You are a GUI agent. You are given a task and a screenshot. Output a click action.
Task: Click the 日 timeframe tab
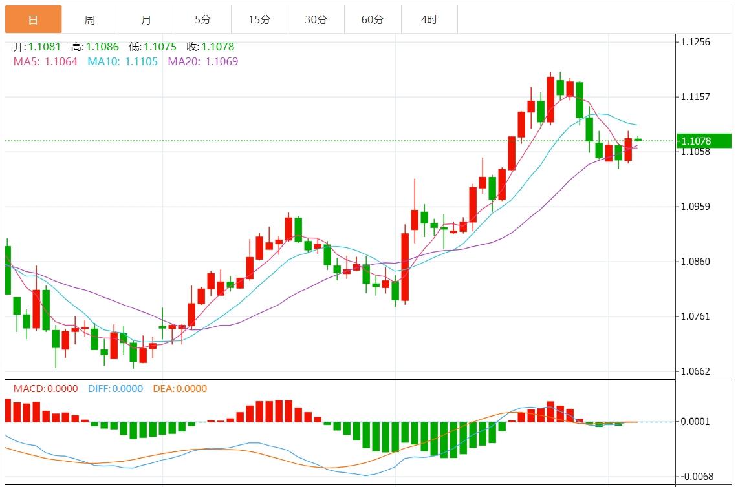(x=34, y=19)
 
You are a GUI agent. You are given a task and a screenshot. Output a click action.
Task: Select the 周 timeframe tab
(x=90, y=19)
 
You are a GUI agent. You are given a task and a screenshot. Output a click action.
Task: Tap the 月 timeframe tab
(x=146, y=19)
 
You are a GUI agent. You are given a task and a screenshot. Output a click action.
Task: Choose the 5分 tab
(x=203, y=19)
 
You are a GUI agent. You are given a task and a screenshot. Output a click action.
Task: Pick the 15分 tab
(x=259, y=19)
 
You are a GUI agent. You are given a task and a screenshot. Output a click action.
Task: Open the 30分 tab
(x=316, y=19)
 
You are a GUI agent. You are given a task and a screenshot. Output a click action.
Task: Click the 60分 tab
(x=373, y=19)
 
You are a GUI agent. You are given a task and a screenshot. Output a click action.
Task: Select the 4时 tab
(x=429, y=19)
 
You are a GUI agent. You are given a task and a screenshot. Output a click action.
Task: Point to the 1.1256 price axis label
(x=695, y=42)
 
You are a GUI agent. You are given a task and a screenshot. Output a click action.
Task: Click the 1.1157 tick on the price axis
(x=695, y=97)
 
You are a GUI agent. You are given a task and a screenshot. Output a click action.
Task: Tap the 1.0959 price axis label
(x=695, y=207)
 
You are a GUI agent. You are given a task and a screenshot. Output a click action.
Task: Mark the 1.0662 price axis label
(x=695, y=371)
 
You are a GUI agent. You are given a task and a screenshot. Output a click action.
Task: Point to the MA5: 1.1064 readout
(x=45, y=62)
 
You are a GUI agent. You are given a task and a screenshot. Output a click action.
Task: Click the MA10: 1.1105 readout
(x=123, y=62)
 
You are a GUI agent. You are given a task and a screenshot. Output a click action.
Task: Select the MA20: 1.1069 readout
(x=203, y=62)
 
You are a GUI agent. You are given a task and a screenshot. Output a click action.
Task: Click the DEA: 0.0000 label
(x=180, y=389)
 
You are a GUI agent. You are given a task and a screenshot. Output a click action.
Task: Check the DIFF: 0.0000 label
(x=116, y=389)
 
